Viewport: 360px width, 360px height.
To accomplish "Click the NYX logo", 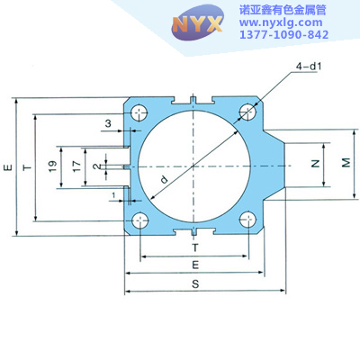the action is tap(197, 22).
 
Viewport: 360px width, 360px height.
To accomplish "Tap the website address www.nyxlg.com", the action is tap(281, 22).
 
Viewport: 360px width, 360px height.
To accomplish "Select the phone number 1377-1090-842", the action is tap(283, 34).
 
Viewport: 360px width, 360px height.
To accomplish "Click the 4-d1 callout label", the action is tap(309, 67).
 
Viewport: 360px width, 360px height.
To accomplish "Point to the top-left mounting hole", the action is tap(139, 113).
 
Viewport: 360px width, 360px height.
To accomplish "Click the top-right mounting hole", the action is tap(247, 112).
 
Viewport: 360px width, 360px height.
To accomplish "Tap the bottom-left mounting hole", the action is tap(140, 220).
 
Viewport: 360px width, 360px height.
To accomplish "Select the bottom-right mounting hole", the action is tap(248, 220).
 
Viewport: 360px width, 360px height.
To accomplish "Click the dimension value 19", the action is tap(52, 166).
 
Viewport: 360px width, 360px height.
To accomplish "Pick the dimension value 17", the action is tap(76, 166).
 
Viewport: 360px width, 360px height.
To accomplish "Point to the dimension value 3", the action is tap(108, 123).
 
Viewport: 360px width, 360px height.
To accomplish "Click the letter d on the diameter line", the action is tap(164, 179).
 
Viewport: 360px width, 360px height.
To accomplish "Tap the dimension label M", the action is tap(346, 163).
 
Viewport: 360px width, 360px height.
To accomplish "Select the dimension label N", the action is tap(315, 164).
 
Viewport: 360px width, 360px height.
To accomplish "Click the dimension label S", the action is tap(195, 283).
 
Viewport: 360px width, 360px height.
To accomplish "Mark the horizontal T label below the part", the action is tap(195, 247).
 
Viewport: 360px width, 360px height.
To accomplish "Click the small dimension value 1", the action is tap(113, 195).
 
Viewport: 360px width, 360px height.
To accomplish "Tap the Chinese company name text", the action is tap(283, 11).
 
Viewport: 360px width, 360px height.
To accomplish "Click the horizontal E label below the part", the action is tap(195, 265).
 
